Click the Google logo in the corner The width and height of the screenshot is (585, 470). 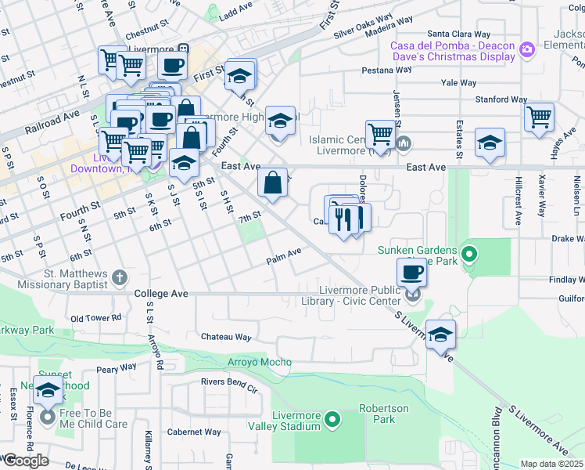tap(25, 461)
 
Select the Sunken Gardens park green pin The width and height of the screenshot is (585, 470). tap(469, 255)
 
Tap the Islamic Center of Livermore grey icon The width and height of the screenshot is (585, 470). tap(404, 143)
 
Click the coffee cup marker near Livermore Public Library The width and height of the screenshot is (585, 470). tap(411, 272)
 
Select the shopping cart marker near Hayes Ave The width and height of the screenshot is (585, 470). tap(539, 117)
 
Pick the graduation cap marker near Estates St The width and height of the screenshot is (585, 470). tap(490, 143)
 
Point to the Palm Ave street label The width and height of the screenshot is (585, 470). tap(283, 254)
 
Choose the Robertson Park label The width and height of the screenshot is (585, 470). tap(383, 414)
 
